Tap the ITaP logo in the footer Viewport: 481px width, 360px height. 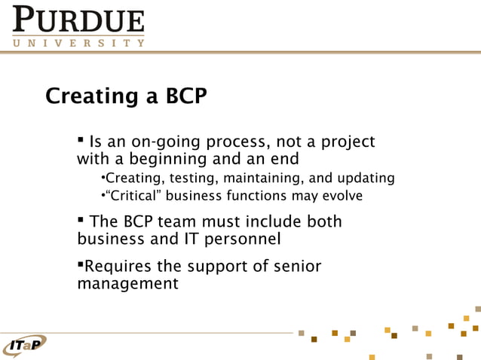pos(24,346)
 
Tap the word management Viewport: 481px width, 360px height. pos(127,284)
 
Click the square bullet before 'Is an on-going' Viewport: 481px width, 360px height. pos(81,141)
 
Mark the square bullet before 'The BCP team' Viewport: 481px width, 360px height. pos(81,221)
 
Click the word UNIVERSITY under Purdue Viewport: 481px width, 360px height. pos(78,43)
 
